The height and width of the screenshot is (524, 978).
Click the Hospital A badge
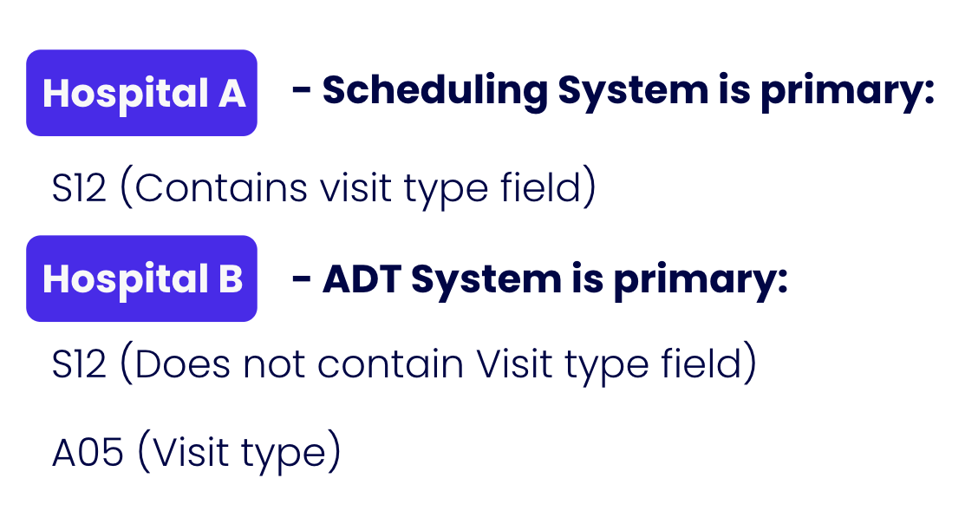[141, 93]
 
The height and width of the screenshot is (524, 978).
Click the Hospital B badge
[141, 278]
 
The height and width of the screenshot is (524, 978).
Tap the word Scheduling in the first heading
[434, 91]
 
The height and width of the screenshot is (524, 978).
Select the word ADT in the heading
[362, 278]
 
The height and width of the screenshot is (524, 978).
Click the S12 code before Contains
[79, 187]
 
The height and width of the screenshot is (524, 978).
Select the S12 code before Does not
[79, 364]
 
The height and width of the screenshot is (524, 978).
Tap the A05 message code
[88, 453]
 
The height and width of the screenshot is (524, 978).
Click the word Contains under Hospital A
[221, 187]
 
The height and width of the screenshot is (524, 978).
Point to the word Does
[182, 364]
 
